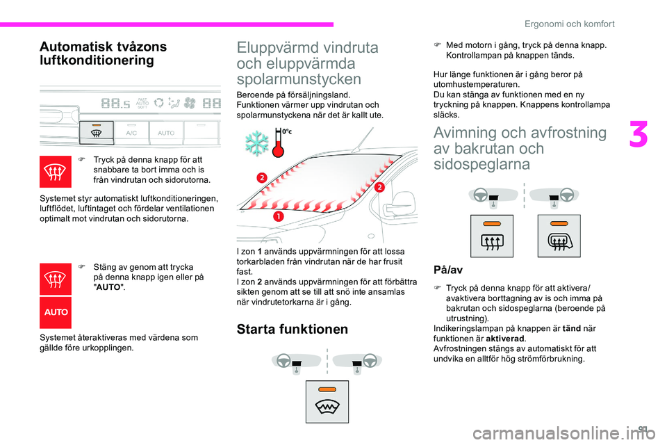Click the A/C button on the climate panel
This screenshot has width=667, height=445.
coord(131,131)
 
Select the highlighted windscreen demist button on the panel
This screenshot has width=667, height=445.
coord(96,129)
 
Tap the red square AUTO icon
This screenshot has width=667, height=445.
coord(56,312)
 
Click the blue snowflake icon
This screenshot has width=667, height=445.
coord(257,143)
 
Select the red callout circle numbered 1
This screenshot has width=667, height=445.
coord(278,217)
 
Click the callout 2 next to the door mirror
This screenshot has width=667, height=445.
coord(379,187)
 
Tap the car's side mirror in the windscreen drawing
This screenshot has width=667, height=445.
coord(396,201)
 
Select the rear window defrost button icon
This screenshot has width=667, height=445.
coord(491,243)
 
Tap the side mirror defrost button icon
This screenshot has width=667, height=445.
coord(559,243)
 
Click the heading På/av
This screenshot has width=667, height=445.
coord(447,268)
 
